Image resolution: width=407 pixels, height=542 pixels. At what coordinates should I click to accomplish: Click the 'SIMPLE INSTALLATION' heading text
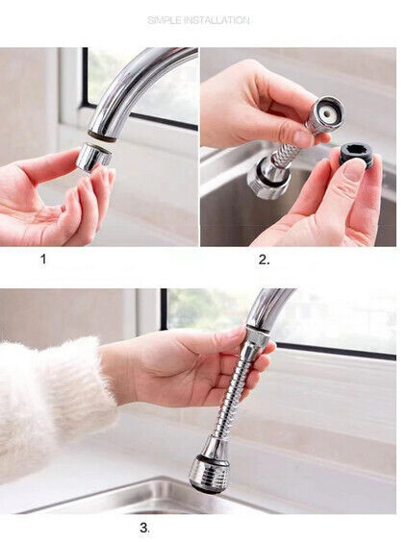point(198,20)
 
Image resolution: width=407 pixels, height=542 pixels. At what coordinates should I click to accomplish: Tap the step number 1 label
point(43,259)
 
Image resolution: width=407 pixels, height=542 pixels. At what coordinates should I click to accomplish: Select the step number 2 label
point(264,259)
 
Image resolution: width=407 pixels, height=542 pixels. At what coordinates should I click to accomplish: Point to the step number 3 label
point(144,528)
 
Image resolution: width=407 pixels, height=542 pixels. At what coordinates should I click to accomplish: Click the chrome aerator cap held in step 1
point(93,158)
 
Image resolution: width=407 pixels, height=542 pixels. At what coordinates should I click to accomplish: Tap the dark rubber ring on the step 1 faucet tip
point(102,135)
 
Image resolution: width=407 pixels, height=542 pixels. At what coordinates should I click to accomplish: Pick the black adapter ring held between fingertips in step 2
point(356,157)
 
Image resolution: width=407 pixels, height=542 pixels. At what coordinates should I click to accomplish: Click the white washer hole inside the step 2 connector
point(326,112)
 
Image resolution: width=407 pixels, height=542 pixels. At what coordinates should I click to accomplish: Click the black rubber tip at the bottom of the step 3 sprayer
point(204,488)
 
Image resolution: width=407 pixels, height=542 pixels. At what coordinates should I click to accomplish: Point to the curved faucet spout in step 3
point(270,308)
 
